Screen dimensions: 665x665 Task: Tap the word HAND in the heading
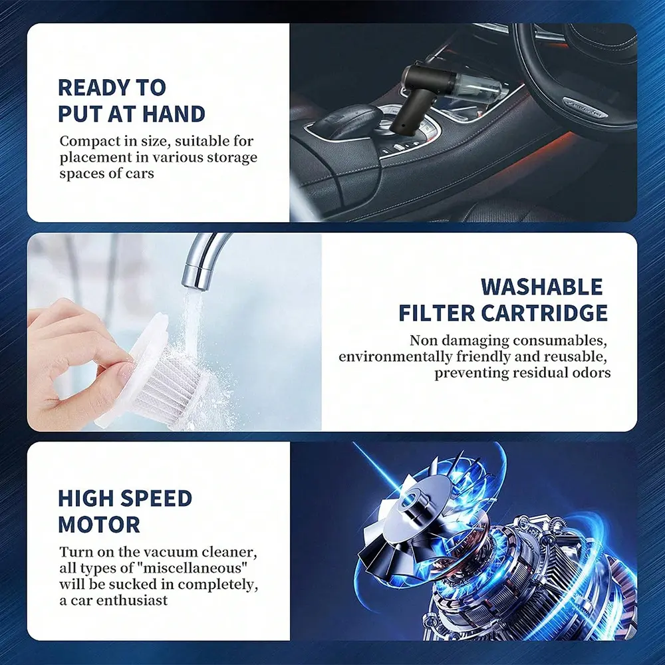pos(174,114)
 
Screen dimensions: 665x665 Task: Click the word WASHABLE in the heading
pos(541,287)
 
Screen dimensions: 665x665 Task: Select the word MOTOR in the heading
pos(99,525)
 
